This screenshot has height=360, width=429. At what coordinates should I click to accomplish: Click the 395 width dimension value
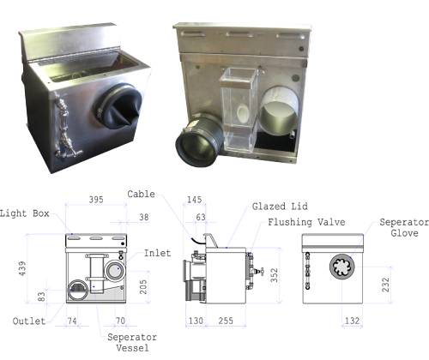[x=96, y=200]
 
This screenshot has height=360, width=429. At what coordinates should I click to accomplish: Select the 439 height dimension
[x=22, y=268]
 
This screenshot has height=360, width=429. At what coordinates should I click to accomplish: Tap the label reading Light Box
[x=25, y=213]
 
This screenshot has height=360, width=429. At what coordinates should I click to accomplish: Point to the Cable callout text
[x=141, y=195]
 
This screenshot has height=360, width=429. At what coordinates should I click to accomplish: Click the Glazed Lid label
[x=280, y=207]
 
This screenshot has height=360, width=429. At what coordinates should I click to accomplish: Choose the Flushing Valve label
[x=306, y=222]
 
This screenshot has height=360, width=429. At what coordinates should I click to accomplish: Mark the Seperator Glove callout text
[x=404, y=228]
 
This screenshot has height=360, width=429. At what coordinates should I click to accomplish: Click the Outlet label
[x=29, y=321]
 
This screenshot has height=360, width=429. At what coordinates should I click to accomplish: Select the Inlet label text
[x=157, y=253]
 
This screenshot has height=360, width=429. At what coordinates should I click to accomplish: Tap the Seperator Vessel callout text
[x=132, y=343]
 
